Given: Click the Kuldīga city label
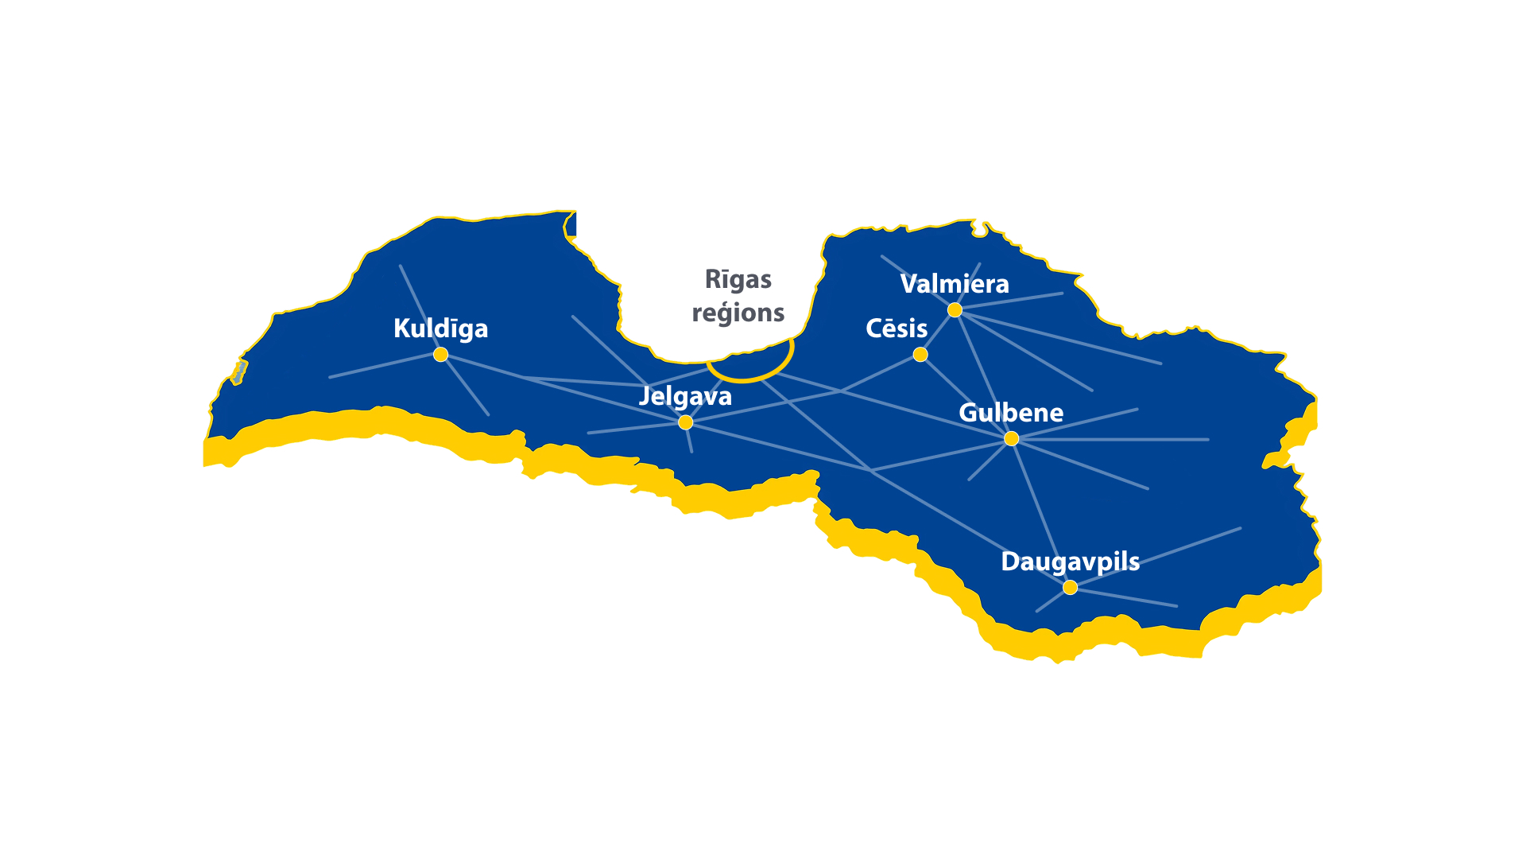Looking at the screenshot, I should [440, 328].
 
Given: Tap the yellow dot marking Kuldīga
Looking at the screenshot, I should [440, 354].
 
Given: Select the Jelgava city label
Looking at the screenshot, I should [685, 396].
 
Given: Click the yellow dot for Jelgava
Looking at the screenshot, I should [685, 422].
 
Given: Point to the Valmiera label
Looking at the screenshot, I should [955, 284].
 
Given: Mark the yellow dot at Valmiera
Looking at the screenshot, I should [955, 309].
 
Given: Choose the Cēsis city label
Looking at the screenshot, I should [897, 328].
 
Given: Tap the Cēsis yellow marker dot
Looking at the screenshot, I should [920, 354].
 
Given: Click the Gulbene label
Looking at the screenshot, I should [1011, 413].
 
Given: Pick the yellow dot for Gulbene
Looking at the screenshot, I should [1011, 438].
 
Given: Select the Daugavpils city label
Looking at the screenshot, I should [1070, 562].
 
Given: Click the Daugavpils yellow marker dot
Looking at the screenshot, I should [1070, 587].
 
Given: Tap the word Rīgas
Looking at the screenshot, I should [738, 280].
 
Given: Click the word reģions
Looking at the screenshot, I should [738, 313].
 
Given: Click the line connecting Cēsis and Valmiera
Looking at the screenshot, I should [938, 332].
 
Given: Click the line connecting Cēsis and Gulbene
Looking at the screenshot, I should [966, 396].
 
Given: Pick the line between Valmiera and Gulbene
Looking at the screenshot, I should [982, 373].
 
